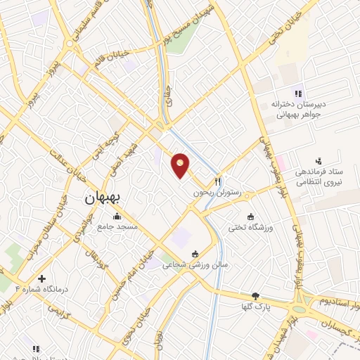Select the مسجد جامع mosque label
118,227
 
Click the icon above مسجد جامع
117,216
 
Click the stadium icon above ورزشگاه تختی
250,216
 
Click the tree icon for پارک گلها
255,296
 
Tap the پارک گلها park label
257,307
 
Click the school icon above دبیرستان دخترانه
297,94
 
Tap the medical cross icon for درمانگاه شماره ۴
42,278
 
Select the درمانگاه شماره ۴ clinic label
23,289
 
